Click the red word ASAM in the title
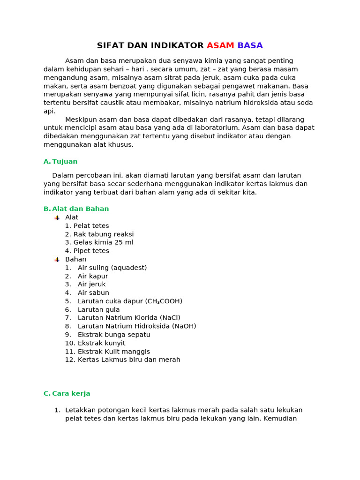220,45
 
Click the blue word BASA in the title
250,45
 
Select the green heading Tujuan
65,162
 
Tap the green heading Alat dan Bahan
80,209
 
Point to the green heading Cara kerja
71,394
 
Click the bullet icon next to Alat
57,217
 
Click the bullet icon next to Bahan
57,259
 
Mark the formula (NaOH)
186,326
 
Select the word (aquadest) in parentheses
129,268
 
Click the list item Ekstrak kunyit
101,343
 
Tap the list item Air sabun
93,293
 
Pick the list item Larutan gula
98,310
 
